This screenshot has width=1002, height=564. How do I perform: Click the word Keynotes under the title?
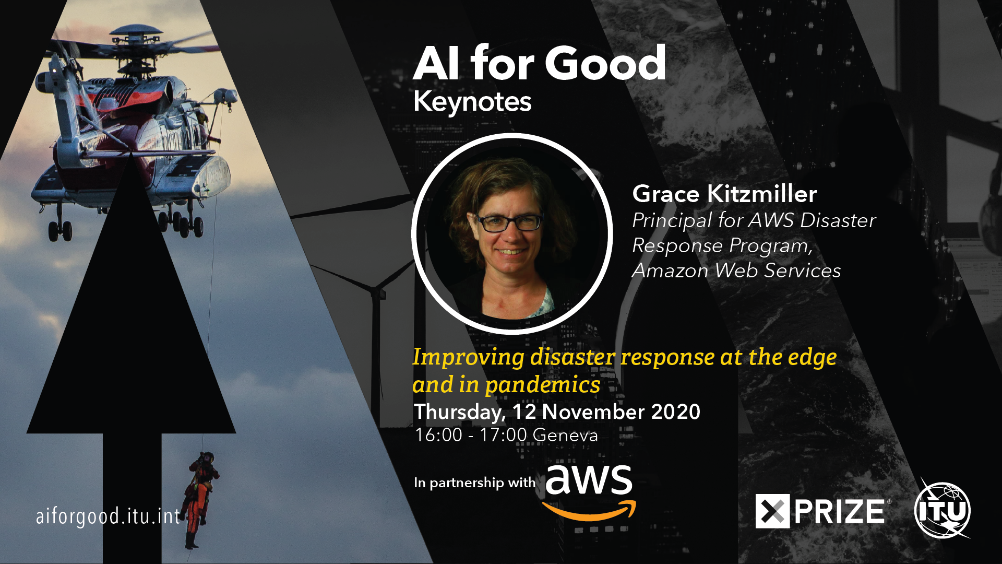[x=472, y=102]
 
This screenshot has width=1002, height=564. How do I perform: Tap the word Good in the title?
[x=605, y=63]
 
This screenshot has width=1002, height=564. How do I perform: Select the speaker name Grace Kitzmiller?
[x=724, y=194]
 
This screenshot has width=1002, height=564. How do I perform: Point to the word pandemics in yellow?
[x=543, y=385]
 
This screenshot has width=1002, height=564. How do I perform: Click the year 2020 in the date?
[x=675, y=412]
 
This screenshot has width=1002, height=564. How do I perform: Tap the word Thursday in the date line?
[x=459, y=413]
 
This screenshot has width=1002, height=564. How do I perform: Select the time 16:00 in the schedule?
[x=438, y=435]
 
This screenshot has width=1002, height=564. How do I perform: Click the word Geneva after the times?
[x=566, y=435]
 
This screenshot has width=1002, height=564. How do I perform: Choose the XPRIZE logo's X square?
[x=772, y=511]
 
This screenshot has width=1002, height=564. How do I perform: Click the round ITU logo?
[x=943, y=510]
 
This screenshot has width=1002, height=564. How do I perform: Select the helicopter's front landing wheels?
[x=60, y=230]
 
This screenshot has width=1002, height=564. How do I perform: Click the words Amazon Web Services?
[x=736, y=271]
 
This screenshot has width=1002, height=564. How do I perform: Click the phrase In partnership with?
[x=474, y=483]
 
